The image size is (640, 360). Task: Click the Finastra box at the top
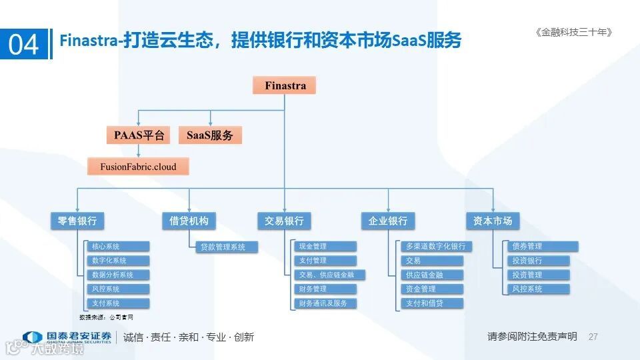click(x=285, y=85)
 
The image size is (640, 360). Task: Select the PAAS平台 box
click(x=139, y=135)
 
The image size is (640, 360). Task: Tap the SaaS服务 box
click(x=210, y=135)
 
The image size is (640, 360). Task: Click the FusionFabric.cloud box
click(x=138, y=166)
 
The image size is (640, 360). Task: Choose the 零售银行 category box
click(x=77, y=221)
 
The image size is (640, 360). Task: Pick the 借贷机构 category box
click(x=189, y=221)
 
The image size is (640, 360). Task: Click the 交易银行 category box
click(x=284, y=221)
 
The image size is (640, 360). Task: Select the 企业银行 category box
click(x=388, y=221)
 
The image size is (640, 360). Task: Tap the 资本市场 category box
click(x=493, y=221)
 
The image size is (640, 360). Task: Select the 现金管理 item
click(x=325, y=247)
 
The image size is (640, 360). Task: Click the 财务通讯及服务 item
click(x=325, y=303)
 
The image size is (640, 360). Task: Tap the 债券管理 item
click(x=540, y=247)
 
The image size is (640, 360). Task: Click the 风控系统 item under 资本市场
click(x=540, y=289)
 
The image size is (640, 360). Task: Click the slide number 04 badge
click(x=24, y=44)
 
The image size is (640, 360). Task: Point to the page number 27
click(x=593, y=337)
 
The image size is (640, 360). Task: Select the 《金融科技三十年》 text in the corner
click(x=573, y=32)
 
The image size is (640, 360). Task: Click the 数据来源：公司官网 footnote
click(x=106, y=317)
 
